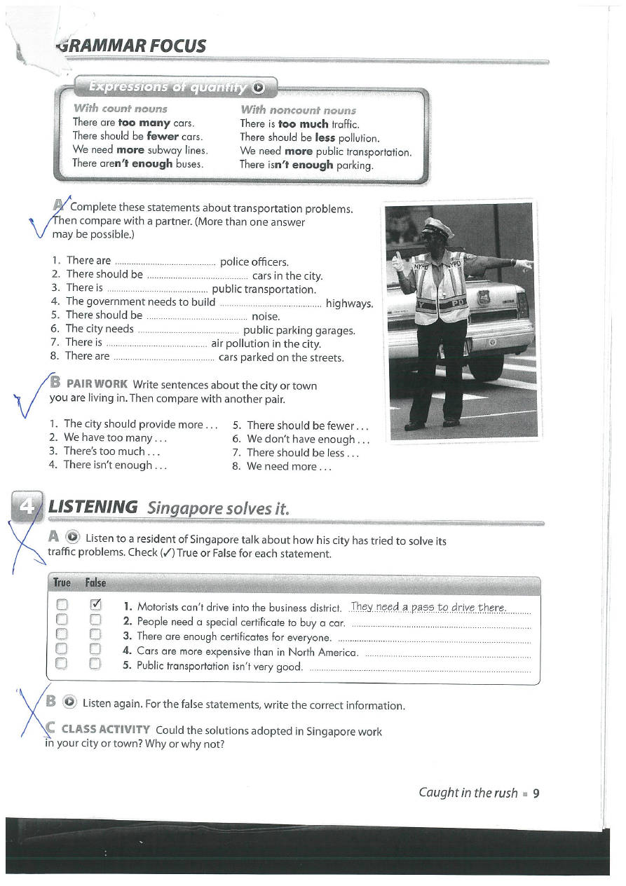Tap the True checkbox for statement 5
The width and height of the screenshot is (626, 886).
[x=62, y=663]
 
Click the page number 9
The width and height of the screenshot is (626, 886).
[x=536, y=793]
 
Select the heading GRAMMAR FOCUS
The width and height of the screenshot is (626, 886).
[x=131, y=46]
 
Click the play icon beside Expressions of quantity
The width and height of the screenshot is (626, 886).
[x=259, y=88]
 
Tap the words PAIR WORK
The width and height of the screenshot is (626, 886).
[x=97, y=385]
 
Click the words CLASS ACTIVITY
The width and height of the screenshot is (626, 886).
[x=105, y=730]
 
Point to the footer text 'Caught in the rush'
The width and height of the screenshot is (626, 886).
[x=468, y=793]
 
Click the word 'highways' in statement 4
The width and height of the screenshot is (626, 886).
[x=348, y=303]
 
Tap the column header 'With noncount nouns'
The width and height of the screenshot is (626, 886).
[x=298, y=110]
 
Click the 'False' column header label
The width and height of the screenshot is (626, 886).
[x=95, y=582]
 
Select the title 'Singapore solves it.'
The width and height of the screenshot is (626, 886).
[x=218, y=507]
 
